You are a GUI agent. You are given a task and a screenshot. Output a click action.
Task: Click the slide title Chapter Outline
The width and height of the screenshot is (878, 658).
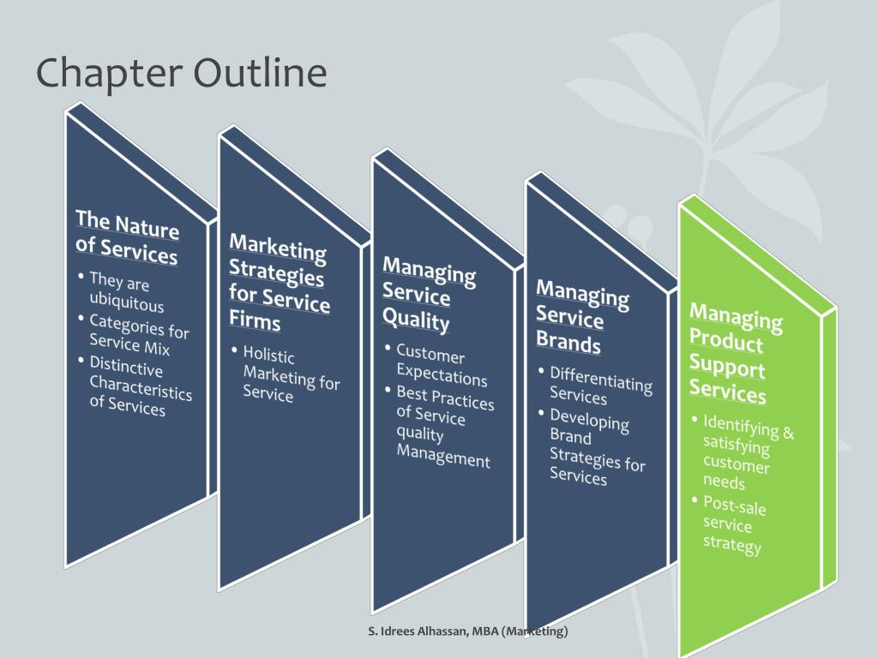click(x=181, y=73)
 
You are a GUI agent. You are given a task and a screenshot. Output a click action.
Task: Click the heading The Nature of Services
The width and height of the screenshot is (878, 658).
click(x=127, y=237)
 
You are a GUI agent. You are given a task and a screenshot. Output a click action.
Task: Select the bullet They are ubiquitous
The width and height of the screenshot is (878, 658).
click(x=125, y=292)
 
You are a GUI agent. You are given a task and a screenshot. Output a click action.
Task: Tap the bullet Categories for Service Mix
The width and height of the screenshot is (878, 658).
click(x=138, y=335)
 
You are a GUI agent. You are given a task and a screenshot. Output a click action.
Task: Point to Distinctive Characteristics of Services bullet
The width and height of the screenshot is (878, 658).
click(x=140, y=386)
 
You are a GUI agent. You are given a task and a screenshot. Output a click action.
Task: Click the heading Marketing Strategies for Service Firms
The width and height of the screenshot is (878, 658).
click(x=279, y=282)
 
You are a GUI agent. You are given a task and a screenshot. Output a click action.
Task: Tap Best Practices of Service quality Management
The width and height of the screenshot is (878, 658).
click(x=444, y=427)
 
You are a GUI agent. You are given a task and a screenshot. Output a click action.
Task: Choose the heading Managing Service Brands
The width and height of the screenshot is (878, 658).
click(x=582, y=318)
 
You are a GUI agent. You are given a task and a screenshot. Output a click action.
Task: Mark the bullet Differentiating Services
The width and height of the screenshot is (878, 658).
click(x=600, y=386)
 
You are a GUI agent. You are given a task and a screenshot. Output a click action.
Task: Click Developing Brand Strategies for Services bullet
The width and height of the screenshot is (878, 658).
click(x=597, y=446)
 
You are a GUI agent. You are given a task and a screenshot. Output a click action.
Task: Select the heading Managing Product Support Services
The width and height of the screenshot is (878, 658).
click(x=736, y=355)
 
